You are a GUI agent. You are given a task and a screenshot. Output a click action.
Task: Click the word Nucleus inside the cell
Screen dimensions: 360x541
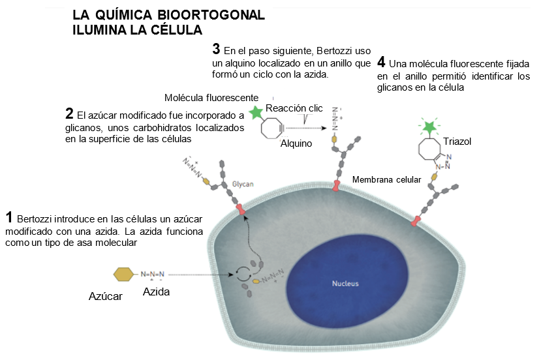pos(345,284)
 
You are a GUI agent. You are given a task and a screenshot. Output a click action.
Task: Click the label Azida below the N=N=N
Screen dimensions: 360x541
pos(156,292)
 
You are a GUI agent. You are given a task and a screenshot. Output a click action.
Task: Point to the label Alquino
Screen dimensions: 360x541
pos(296,143)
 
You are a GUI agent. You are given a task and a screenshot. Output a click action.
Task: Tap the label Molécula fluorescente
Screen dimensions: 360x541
pos(211,97)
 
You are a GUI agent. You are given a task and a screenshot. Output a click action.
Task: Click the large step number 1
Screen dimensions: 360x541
pos(9,217)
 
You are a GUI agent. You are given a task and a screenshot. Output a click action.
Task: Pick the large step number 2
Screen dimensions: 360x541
pos(69,112)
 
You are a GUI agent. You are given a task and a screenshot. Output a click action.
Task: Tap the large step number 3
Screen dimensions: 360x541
pos(216,49)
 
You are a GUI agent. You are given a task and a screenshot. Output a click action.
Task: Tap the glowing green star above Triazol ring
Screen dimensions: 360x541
pos(429,126)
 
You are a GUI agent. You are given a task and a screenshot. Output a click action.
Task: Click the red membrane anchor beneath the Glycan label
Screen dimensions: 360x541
pos(241,209)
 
